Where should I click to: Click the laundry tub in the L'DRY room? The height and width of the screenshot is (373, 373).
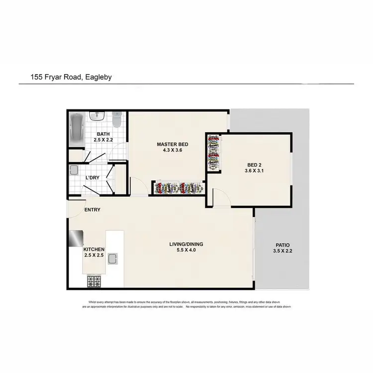click(74, 171)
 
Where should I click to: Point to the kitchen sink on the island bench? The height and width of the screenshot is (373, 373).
click(113, 259)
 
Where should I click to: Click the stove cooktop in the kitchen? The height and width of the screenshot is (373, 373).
click(94, 281)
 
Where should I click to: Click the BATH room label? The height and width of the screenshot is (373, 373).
click(103, 134)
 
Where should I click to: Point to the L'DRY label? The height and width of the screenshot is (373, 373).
click(93, 178)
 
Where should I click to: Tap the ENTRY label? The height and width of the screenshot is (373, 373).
click(92, 210)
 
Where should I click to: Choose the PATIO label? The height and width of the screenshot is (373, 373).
click(282, 245)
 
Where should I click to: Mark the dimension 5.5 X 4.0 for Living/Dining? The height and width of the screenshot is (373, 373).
click(187, 251)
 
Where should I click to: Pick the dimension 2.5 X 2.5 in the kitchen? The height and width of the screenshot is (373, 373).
click(93, 256)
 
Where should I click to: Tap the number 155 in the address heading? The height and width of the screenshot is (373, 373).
click(37, 77)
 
